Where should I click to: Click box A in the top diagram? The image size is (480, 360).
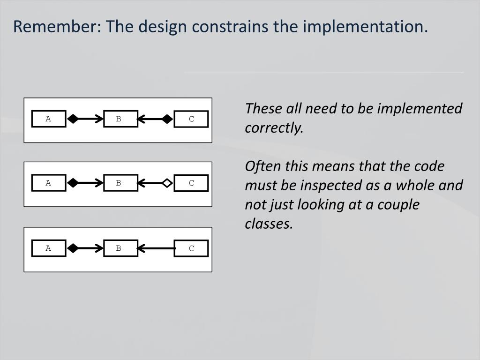pyautogui.click(x=48, y=119)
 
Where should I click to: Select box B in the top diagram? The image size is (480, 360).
pyautogui.click(x=120, y=119)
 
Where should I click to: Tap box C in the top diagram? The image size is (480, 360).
pyautogui.click(x=191, y=119)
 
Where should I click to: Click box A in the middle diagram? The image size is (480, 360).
pyautogui.click(x=48, y=183)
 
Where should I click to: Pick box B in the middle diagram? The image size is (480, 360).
pyautogui.click(x=120, y=183)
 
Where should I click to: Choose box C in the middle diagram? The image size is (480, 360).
pyautogui.click(x=191, y=183)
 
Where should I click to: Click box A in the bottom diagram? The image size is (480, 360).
pyautogui.click(x=48, y=248)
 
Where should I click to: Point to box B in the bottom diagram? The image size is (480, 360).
pyautogui.click(x=120, y=248)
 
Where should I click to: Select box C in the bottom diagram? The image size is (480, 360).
pyautogui.click(x=191, y=248)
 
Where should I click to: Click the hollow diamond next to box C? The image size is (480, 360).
pyautogui.click(x=167, y=183)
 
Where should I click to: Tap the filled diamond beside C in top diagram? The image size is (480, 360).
pyautogui.click(x=167, y=119)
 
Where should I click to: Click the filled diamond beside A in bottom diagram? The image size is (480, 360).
pyautogui.click(x=73, y=248)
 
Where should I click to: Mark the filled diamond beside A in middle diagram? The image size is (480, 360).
pyautogui.click(x=73, y=183)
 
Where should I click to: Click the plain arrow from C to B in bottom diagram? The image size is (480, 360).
pyautogui.click(x=157, y=248)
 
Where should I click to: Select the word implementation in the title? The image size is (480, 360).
pyautogui.click(x=365, y=27)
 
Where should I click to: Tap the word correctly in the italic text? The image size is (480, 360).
pyautogui.click(x=274, y=128)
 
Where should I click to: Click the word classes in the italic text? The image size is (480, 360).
pyautogui.click(x=269, y=224)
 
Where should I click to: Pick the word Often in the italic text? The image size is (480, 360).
pyautogui.click(x=259, y=166)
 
